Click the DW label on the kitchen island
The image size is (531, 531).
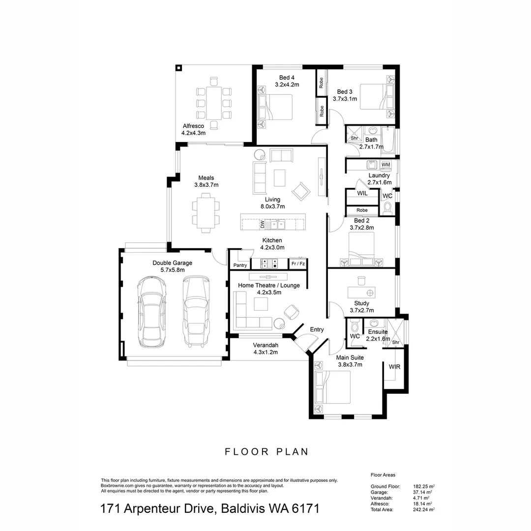click(x=263, y=225)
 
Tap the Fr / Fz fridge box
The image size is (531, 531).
click(x=298, y=264)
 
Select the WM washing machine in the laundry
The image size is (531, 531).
click(x=386, y=164)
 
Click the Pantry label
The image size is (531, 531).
click(x=240, y=265)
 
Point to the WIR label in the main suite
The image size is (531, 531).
click(x=394, y=367)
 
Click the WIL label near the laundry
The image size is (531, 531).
click(x=362, y=194)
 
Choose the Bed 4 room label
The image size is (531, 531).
click(x=287, y=78)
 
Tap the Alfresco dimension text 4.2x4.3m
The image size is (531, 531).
click(x=193, y=133)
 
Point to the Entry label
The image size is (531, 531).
click(x=317, y=329)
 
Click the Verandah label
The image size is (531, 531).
click(x=265, y=345)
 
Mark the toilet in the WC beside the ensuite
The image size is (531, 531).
click(x=355, y=326)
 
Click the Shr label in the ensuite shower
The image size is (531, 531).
click(x=395, y=342)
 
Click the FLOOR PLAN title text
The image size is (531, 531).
click(x=267, y=452)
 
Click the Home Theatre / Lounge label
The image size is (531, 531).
click(x=269, y=285)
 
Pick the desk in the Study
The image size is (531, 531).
click(x=361, y=292)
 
